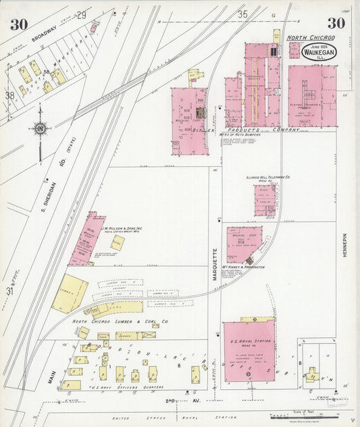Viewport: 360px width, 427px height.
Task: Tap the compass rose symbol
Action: (x=40, y=128)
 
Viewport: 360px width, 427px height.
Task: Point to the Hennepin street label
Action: (x=344, y=245)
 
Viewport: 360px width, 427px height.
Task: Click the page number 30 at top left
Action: (x=19, y=24)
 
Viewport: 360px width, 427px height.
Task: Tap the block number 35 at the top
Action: (x=243, y=14)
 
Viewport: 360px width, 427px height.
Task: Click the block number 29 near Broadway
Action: (x=82, y=15)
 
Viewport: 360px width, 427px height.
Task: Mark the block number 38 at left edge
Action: (x=9, y=95)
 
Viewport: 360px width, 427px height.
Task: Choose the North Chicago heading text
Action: (x=311, y=38)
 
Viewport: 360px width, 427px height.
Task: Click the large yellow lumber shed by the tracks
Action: (x=70, y=293)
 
